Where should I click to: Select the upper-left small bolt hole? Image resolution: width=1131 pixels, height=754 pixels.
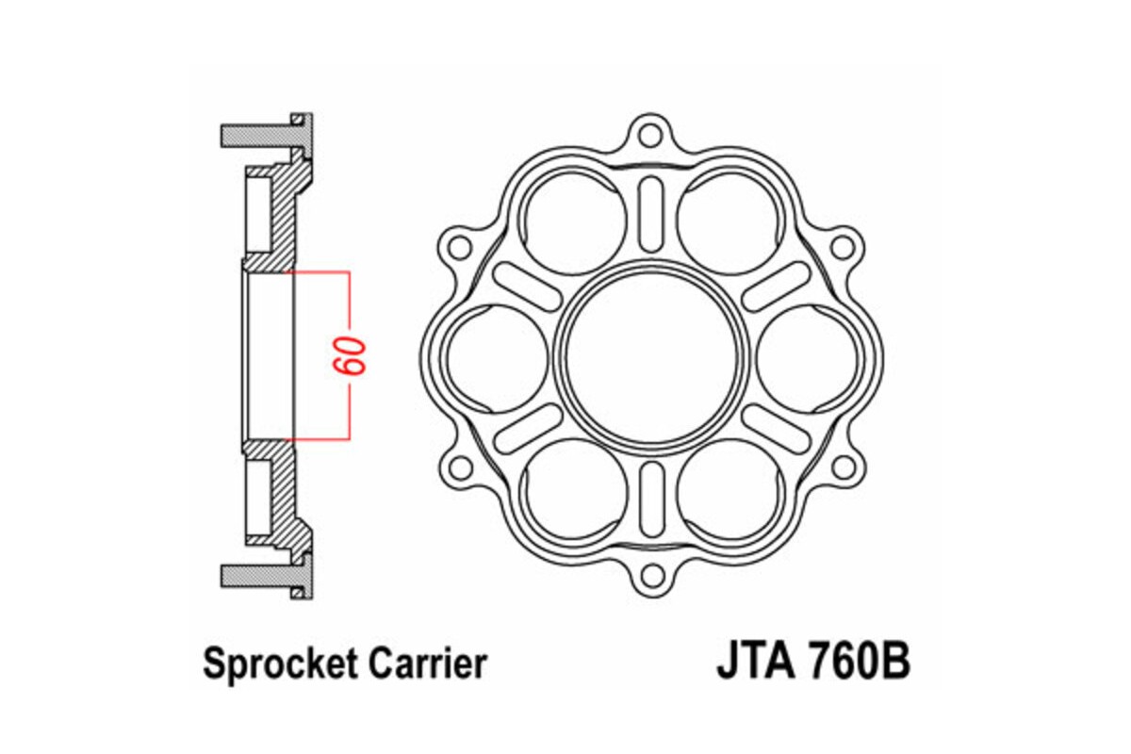(459, 248)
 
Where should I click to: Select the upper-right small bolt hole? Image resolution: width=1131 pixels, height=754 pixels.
(844, 248)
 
